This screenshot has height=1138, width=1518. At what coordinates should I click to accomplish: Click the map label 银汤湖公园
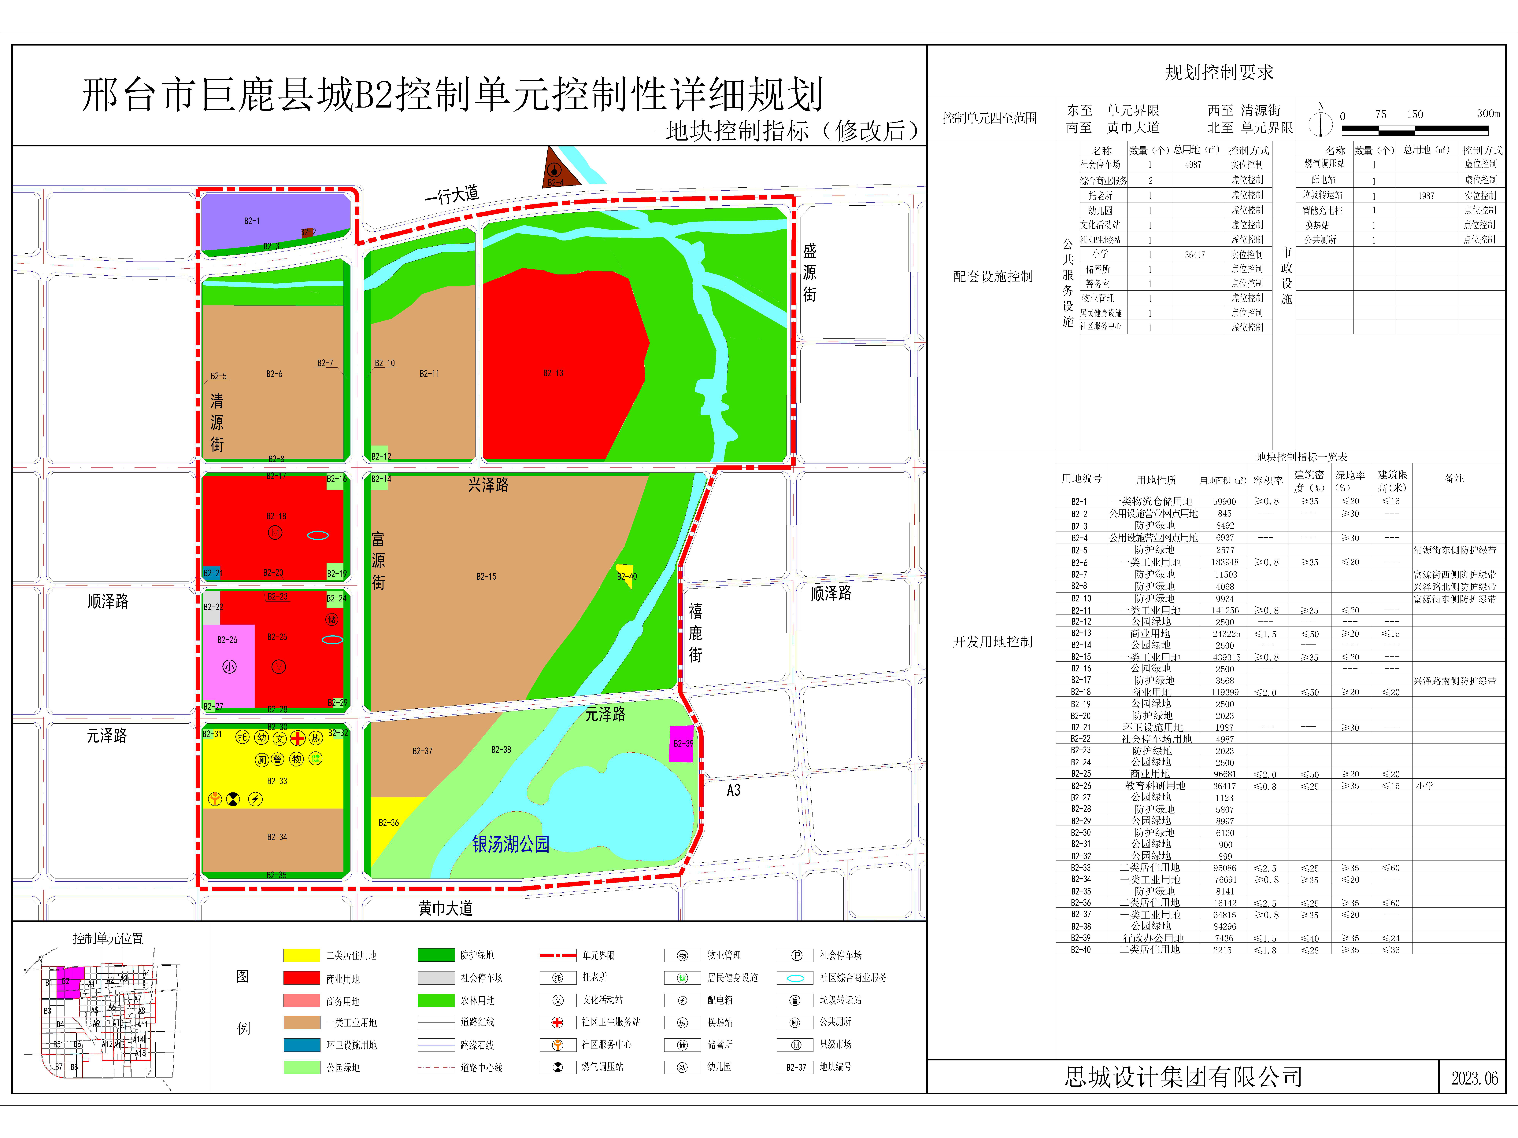click(511, 844)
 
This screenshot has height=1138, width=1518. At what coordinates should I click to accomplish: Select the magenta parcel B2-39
click(681, 743)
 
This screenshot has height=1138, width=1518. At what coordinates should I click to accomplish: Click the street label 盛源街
click(810, 272)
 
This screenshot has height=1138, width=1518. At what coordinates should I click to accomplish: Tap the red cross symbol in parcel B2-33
click(297, 738)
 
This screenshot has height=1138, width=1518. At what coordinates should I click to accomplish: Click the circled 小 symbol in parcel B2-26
click(229, 667)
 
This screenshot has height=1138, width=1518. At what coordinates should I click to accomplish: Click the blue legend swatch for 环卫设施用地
click(301, 1045)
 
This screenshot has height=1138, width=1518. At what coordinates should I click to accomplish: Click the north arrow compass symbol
click(1320, 123)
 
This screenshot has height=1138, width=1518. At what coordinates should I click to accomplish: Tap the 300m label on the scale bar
click(1488, 114)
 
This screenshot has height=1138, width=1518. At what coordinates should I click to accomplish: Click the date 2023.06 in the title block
click(1474, 1078)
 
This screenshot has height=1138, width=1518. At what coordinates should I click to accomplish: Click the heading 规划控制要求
click(1219, 73)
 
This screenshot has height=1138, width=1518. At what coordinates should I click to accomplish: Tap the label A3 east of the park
click(734, 790)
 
